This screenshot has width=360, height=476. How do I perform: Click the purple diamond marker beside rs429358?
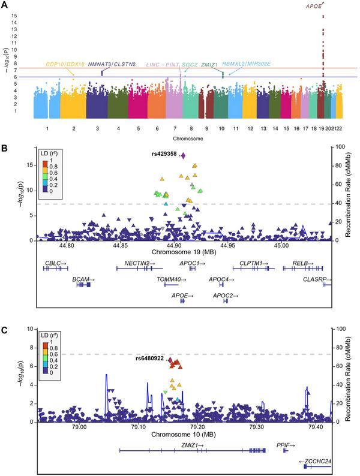point(183,155)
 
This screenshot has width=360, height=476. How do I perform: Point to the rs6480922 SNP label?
point(149,359)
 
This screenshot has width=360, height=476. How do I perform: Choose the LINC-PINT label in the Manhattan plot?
point(162,64)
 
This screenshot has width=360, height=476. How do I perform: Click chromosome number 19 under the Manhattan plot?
point(321,128)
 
